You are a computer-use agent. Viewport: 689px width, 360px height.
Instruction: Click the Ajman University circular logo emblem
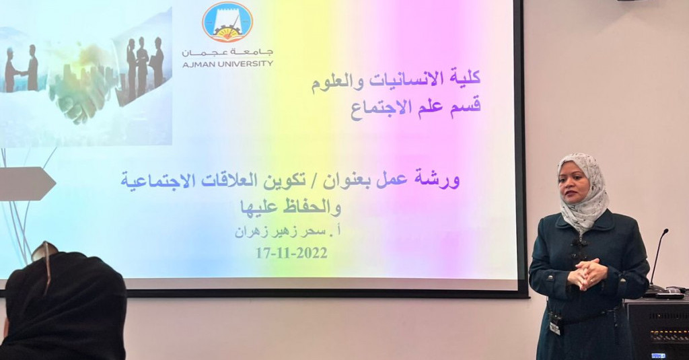(x=227, y=22)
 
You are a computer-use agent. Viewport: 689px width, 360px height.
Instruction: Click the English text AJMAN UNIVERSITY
(x=227, y=63)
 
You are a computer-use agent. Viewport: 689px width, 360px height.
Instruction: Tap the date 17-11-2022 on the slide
(x=292, y=253)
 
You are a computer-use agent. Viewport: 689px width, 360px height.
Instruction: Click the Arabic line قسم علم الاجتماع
(x=415, y=107)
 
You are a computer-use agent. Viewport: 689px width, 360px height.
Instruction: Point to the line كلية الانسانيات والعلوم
(x=396, y=79)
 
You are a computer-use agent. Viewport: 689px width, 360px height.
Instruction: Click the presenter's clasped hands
(x=587, y=273)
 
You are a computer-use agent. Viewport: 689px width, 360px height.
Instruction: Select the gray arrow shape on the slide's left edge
(x=27, y=184)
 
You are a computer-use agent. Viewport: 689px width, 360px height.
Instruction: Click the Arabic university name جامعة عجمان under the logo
(x=227, y=52)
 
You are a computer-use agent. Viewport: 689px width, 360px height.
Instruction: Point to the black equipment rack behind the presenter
(x=657, y=328)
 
